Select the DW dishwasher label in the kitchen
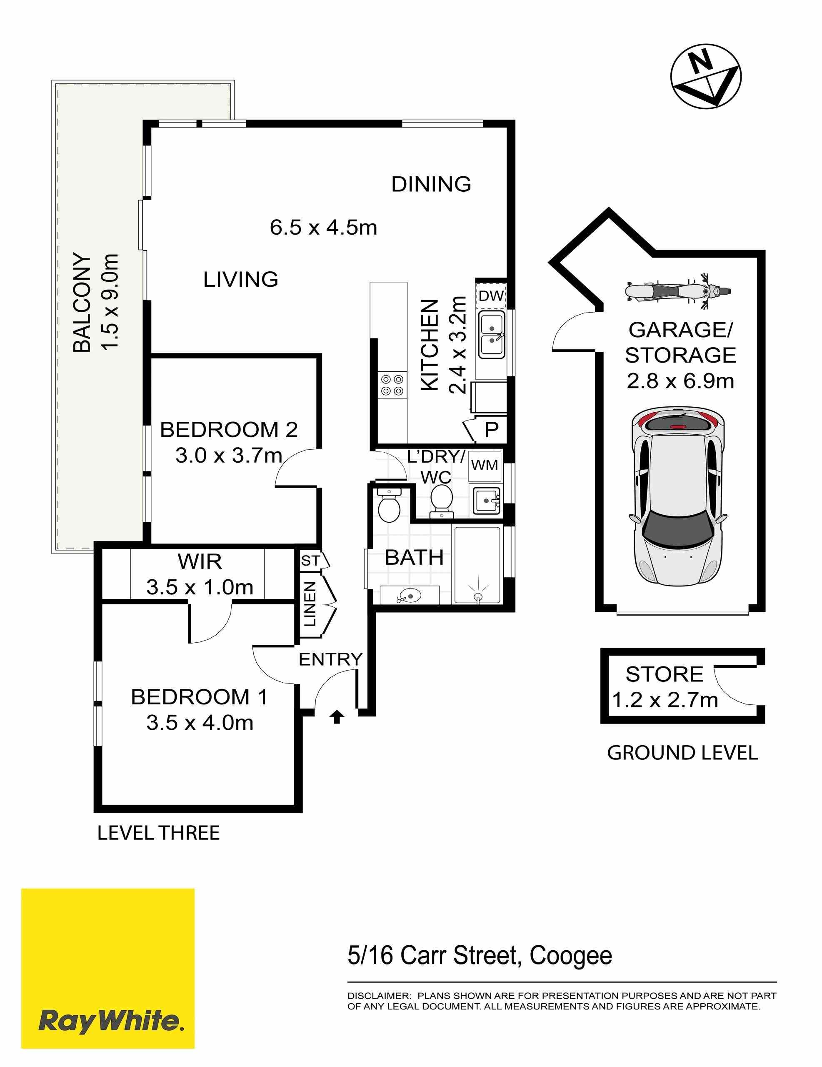coord(490,296)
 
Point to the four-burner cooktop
coord(392,384)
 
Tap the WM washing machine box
coord(485,465)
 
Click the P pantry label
coord(491,430)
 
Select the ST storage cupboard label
coord(310,561)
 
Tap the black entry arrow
coord(337,717)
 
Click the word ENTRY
coord(331,659)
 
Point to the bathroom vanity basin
coord(408,596)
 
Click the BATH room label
coord(414,557)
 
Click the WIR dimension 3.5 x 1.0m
coord(200,587)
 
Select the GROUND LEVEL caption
coord(682,753)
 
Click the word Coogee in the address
coord(570,956)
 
